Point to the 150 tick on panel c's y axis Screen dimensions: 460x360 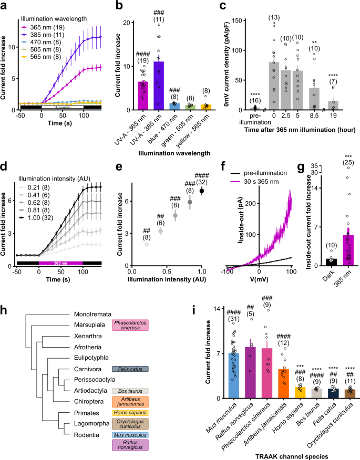click(235, 19)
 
